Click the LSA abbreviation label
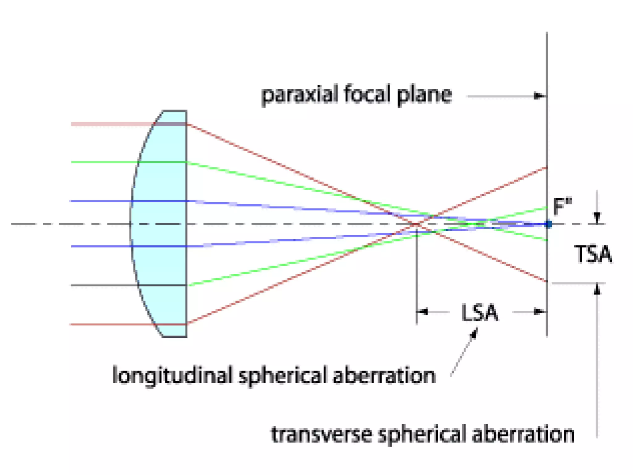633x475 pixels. (x=479, y=313)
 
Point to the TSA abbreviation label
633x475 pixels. (x=593, y=254)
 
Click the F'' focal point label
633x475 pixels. (x=562, y=206)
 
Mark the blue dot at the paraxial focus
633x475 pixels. (x=548, y=224)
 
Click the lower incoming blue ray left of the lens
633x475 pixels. (x=102, y=246)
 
